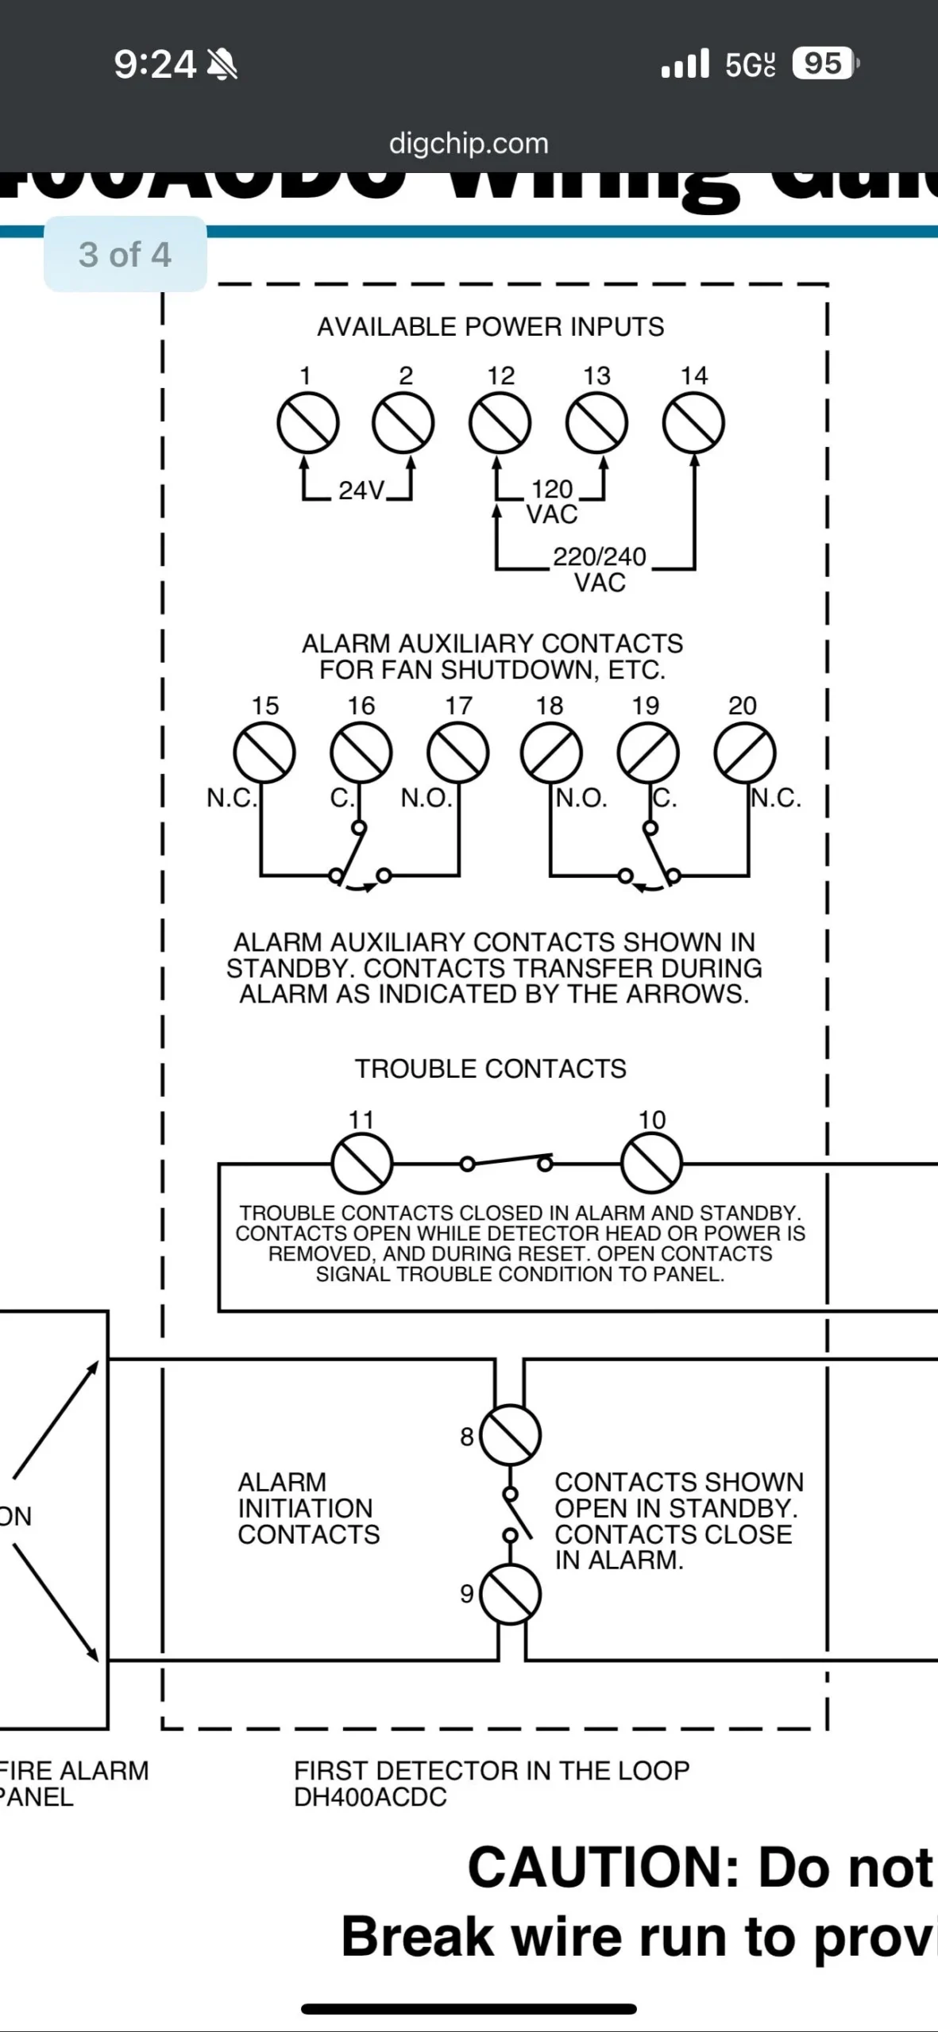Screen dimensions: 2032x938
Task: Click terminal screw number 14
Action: (x=693, y=423)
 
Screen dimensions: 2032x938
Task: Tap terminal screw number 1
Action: (x=307, y=423)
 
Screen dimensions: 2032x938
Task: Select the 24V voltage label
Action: (x=361, y=491)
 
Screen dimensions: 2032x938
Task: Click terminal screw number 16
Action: (x=361, y=752)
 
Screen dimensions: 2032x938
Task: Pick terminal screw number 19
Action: (x=648, y=752)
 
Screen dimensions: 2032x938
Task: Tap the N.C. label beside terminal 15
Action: (x=231, y=798)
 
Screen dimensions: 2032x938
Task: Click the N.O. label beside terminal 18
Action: (x=581, y=798)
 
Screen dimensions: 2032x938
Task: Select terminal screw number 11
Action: (x=361, y=1164)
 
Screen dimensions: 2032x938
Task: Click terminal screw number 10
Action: (x=651, y=1164)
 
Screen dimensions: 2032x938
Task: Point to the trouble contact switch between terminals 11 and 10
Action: (x=507, y=1162)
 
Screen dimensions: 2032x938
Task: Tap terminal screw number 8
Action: (x=511, y=1435)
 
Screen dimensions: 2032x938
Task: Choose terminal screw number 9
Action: (x=511, y=1594)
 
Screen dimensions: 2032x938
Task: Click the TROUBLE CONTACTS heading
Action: (x=490, y=1068)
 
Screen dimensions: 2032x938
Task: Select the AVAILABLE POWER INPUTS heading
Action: (x=490, y=326)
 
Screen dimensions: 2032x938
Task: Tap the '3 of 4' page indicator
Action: (x=125, y=255)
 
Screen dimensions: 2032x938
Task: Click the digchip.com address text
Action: (x=469, y=144)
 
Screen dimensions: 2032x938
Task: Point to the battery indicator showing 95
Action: (x=824, y=63)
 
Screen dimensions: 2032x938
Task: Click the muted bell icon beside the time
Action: (x=222, y=64)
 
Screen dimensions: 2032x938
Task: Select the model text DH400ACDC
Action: (x=370, y=1796)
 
